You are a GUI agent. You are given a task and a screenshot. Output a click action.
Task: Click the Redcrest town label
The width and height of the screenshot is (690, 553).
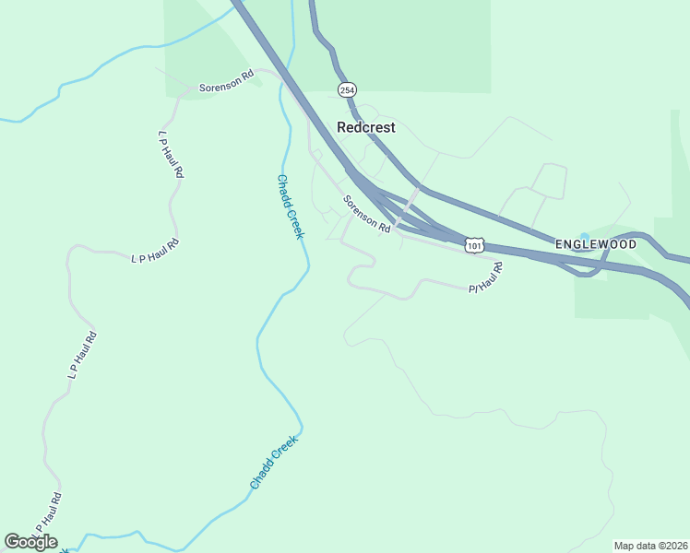point(366,128)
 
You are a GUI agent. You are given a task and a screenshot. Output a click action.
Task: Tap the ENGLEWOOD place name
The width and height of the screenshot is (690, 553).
point(596,244)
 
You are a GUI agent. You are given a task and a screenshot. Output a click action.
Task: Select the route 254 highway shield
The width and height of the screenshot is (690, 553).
point(346,89)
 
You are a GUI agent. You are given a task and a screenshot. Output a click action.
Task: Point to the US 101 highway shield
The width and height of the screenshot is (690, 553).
point(474,245)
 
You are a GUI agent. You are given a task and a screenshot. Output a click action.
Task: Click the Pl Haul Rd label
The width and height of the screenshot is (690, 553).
point(484,278)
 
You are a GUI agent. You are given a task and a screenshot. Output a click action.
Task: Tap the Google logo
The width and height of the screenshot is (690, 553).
point(31,542)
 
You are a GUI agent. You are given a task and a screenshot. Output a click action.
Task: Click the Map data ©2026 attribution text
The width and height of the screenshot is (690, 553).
point(650,546)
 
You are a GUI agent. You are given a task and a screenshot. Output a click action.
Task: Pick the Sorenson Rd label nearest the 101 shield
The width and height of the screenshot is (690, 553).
point(368,214)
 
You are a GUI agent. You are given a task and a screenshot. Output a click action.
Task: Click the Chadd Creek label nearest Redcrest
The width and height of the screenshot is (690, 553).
point(290,207)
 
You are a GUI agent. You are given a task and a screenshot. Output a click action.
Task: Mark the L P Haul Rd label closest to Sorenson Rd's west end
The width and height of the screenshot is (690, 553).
point(172,154)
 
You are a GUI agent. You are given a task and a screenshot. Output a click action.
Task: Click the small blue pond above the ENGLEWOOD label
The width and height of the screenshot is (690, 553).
point(582,237)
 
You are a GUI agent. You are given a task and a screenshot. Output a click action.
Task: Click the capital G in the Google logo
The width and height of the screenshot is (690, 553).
point(13,542)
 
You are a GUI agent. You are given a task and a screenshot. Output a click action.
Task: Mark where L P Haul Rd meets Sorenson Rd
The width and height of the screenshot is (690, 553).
point(191,88)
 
